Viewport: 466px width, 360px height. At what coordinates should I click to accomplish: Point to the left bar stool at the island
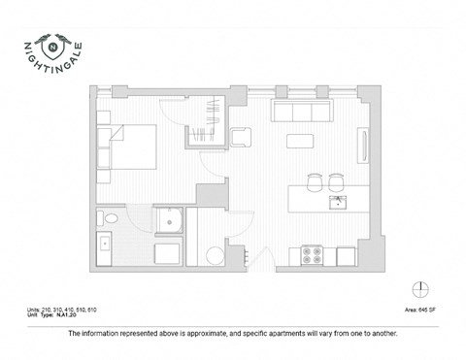[x=315, y=180]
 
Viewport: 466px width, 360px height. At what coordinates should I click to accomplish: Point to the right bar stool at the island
[x=336, y=180]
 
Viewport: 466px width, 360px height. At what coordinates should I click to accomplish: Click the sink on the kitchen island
[x=338, y=202]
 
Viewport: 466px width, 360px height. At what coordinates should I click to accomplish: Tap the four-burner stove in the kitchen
[x=314, y=255]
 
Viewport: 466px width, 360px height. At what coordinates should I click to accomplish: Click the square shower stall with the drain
[x=173, y=223]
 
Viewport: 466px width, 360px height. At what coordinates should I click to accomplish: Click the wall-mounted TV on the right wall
[x=363, y=147]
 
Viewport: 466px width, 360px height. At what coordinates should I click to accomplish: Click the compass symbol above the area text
[x=420, y=288]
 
